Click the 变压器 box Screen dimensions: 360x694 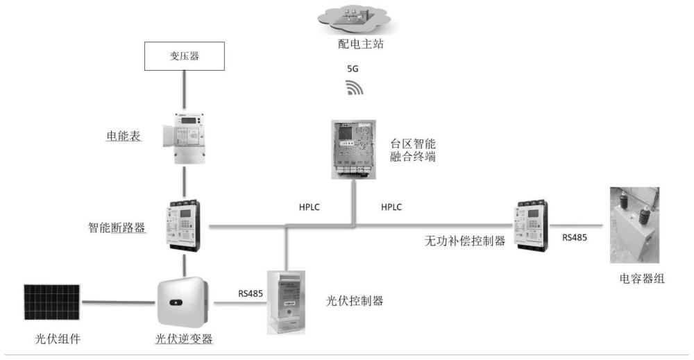tap(184, 56)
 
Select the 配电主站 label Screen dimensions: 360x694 tap(356, 44)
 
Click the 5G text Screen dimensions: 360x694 tap(353, 70)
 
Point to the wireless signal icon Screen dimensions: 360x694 tap(355, 88)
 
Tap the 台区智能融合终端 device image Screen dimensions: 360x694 tap(353, 149)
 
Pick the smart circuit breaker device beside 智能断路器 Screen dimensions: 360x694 tap(183, 226)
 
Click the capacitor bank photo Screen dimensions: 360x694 tap(634, 225)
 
